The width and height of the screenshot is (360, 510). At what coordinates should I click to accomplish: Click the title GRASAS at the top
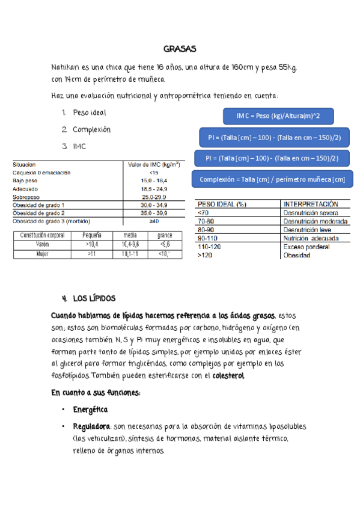180,49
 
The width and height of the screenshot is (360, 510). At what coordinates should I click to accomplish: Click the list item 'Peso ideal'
90,112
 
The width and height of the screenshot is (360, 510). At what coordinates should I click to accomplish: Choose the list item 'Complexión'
91,129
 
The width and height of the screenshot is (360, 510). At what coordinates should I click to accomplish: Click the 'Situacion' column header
24,164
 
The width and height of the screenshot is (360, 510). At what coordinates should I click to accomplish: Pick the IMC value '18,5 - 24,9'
154,189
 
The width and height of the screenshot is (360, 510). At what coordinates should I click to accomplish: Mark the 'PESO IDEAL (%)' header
222,204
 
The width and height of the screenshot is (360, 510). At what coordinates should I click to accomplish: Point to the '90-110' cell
208,238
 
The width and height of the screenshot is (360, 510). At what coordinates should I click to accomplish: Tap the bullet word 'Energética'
90,410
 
